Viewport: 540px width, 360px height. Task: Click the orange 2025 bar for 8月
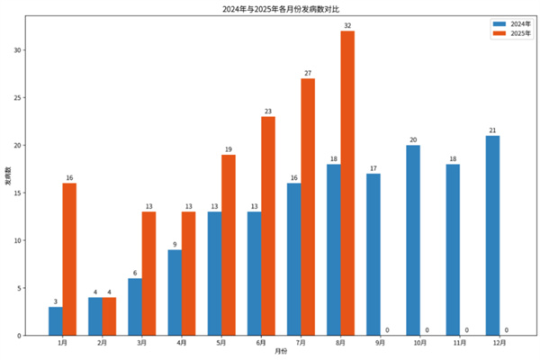(347, 183)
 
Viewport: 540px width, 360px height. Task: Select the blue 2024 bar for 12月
(492, 236)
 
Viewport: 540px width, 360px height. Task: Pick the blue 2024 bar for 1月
(56, 320)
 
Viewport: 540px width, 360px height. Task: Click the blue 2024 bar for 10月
(413, 240)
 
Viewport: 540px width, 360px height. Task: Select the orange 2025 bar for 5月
(229, 245)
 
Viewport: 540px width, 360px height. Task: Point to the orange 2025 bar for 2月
(109, 316)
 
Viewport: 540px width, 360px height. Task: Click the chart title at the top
(270, 8)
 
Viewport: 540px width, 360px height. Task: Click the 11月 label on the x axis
(459, 343)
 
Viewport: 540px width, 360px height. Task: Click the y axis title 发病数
(8, 175)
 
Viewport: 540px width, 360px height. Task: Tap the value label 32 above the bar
(347, 25)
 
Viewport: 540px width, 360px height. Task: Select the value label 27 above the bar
(308, 73)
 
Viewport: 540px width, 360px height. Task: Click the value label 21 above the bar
(492, 130)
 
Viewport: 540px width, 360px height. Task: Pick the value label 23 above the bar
(268, 111)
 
